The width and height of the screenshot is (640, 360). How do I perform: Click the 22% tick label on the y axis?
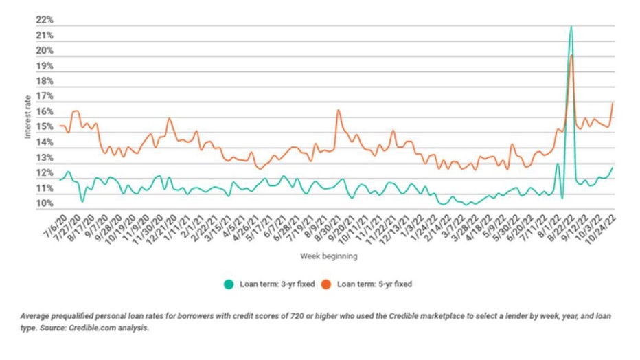tap(45, 20)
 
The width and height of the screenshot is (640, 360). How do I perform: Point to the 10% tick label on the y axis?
tap(45, 204)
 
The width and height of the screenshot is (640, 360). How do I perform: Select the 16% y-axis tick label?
tap(45, 112)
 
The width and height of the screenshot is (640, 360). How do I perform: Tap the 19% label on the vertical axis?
tap(45, 66)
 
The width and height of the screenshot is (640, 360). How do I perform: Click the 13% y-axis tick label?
tap(45, 158)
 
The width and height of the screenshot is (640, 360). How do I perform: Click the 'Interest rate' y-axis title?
tap(28, 116)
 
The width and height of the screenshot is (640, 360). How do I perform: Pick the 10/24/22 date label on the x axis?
tap(602, 227)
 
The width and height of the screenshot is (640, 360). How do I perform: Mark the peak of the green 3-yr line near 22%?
tap(571, 27)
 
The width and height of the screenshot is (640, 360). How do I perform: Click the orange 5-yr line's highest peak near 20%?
tap(571, 55)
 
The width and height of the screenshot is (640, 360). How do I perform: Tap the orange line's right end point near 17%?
tap(612, 102)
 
